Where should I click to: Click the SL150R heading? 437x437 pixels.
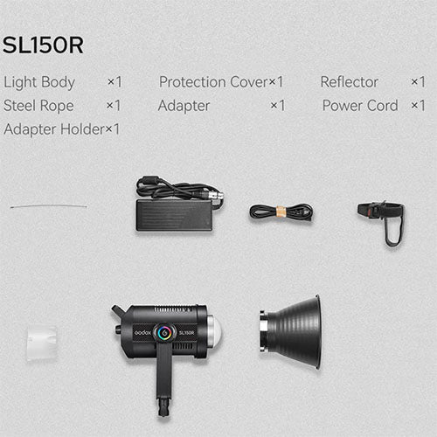click(x=43, y=45)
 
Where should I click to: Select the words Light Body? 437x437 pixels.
click(x=39, y=82)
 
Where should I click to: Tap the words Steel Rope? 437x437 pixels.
click(x=39, y=106)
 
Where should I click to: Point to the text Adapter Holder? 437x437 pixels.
click(x=53, y=129)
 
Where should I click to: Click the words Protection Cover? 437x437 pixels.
click(x=212, y=82)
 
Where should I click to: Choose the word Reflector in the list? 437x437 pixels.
click(x=350, y=82)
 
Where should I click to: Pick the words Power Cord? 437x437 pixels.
click(x=360, y=106)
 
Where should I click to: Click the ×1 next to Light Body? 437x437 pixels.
click(x=114, y=82)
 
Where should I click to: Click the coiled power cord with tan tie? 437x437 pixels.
click(x=281, y=212)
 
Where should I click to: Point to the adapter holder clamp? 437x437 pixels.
click(x=382, y=218)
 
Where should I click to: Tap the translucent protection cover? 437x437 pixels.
click(x=41, y=342)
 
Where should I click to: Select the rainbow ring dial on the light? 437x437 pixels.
click(x=163, y=331)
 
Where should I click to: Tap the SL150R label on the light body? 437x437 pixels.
click(x=185, y=331)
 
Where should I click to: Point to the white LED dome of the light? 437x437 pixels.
click(x=215, y=330)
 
